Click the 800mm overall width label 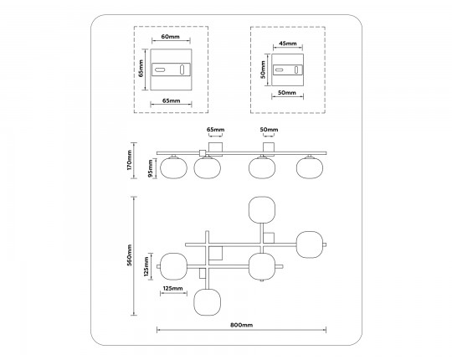tap(242, 325)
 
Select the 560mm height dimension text tap(130, 255)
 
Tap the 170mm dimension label tap(130, 160)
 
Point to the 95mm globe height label tap(151, 168)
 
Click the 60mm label tap(171, 37)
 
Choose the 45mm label tap(288, 44)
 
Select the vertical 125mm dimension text tap(146, 266)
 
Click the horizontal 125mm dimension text tap(173, 288)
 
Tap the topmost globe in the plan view tap(262, 210)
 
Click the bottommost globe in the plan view tap(208, 302)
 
